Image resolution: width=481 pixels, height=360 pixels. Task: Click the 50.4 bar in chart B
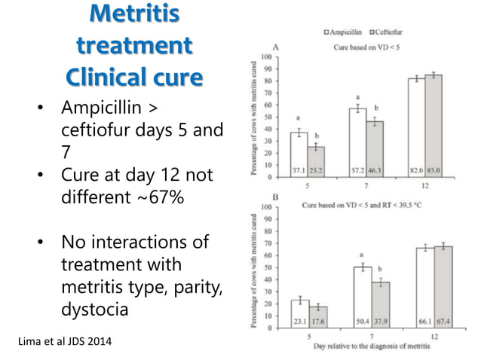363,294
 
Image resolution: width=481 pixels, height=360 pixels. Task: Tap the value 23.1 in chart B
299,321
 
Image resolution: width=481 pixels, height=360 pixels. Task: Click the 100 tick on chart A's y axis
267,57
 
